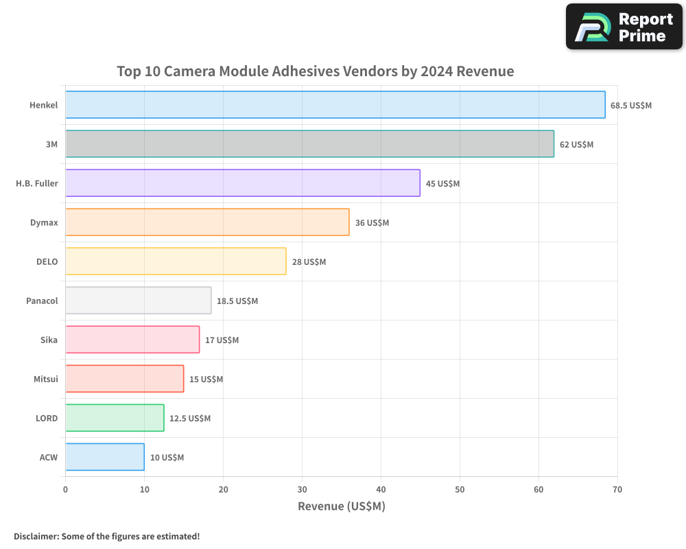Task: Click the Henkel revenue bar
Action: point(335,105)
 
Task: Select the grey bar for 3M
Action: point(309,144)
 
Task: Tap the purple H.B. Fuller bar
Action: point(242,183)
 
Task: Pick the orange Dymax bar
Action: point(207,222)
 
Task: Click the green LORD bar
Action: point(115,418)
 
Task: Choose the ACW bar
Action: point(104,457)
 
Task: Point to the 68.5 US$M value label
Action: point(631,106)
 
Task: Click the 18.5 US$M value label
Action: point(237,301)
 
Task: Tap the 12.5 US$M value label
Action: point(190,419)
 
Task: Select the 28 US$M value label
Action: point(309,262)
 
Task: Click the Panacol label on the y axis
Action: point(42,301)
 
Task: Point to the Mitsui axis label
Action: point(45,379)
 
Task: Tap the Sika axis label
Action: point(49,340)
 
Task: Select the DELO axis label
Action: point(47,262)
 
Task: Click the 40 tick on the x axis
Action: point(381,489)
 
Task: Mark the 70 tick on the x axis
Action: point(617,489)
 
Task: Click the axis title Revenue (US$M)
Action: point(342,506)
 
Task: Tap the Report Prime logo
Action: point(624,27)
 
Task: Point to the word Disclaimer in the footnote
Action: point(35,537)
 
